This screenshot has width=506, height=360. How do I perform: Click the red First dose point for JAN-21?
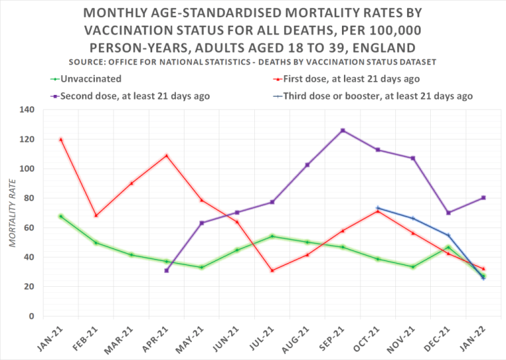tap(61, 139)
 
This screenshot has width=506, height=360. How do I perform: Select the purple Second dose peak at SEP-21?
tap(343, 131)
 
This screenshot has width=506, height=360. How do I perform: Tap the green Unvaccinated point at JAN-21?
tap(61, 216)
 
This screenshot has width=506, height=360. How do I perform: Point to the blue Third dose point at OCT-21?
tap(378, 208)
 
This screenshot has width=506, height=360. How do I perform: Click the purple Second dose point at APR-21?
tap(167, 270)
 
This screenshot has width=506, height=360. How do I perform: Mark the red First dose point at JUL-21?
tap(272, 270)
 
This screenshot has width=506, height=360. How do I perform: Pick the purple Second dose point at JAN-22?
tap(484, 198)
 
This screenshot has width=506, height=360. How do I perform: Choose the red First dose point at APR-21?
tap(167, 156)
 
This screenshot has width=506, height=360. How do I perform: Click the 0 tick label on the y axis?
tap(30, 316)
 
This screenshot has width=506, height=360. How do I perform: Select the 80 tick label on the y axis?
tap(28, 198)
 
